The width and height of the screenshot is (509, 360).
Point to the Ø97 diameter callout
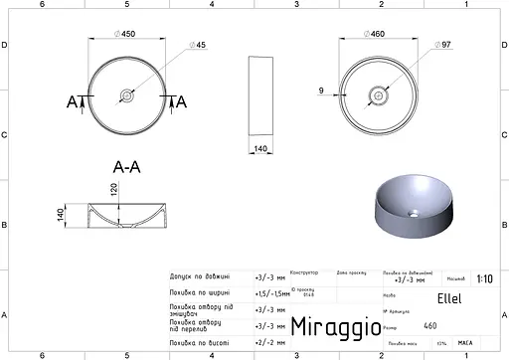pos(443,46)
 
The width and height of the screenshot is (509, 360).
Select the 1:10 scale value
pos(483,280)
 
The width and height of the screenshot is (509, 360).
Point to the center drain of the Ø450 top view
pos(125,96)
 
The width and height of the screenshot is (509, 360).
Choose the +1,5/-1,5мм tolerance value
pos(272,294)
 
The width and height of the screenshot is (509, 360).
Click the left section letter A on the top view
pos(73,101)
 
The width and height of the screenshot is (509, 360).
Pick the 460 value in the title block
pos(429,325)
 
